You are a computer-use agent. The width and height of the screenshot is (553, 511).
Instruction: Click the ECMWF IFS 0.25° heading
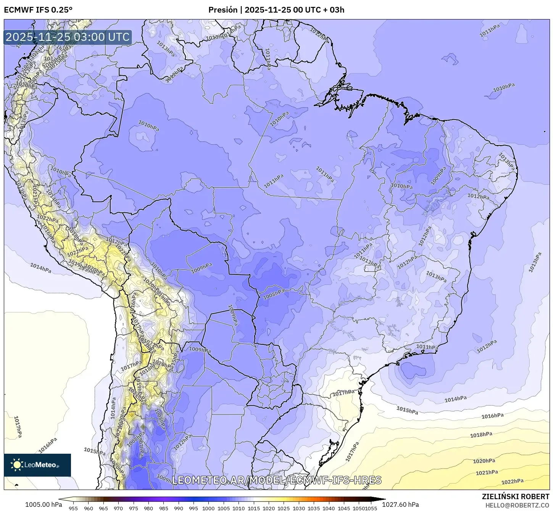pyautogui.click(x=38, y=10)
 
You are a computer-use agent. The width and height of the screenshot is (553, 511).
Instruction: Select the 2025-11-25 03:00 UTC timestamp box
pyautogui.click(x=68, y=37)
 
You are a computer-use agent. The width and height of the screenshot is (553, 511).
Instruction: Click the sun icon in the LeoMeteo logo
pyautogui.click(x=17, y=465)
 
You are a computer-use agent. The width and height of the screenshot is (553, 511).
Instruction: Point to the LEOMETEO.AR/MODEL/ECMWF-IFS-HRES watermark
pyautogui.click(x=277, y=480)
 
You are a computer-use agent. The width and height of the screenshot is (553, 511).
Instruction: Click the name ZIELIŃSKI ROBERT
pyautogui.click(x=515, y=496)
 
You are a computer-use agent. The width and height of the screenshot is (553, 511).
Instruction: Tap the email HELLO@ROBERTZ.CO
pyautogui.click(x=517, y=505)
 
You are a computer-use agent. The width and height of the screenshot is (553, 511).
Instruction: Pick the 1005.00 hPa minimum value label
pyautogui.click(x=43, y=505)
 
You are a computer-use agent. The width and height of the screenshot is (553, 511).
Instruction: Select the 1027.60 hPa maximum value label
pyautogui.click(x=403, y=505)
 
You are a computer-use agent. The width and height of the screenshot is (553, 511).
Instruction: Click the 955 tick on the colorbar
pyautogui.click(x=73, y=508)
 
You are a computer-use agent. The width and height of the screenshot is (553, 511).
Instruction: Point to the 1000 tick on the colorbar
pyautogui.click(x=208, y=508)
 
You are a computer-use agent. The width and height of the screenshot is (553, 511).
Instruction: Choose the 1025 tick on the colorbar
pyautogui.click(x=284, y=508)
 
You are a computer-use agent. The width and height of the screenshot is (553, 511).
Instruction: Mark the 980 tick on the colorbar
pyautogui.click(x=148, y=508)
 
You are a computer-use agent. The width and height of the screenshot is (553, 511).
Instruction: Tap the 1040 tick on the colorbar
pyautogui.click(x=329, y=508)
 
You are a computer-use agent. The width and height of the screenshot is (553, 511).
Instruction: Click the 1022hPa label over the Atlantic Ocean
pyautogui.click(x=512, y=482)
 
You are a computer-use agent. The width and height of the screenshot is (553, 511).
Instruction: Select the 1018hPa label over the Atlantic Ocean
pyautogui.click(x=481, y=435)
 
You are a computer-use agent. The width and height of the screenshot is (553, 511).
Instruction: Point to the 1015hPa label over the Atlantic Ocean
pyautogui.click(x=407, y=410)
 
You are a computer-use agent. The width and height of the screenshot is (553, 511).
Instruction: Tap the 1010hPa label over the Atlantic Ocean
pyautogui.click(x=504, y=87)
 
